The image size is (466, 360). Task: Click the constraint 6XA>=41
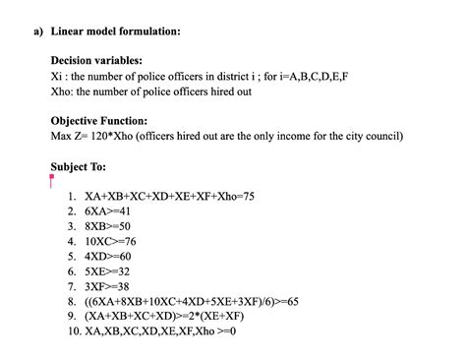tap(108, 211)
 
